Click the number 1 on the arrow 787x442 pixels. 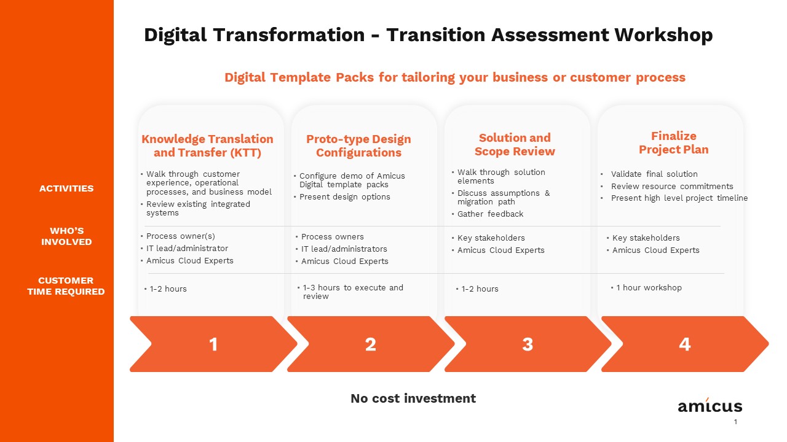213,344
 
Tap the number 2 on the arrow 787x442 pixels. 371,344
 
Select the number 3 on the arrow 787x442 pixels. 528,344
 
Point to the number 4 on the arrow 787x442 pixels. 685,344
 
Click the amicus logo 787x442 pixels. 710,405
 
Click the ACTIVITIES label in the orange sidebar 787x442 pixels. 66,188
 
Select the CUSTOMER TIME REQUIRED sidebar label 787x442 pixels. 66,286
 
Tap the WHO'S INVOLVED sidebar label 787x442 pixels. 66,236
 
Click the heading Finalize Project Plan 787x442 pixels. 673,142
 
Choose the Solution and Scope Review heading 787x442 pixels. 515,144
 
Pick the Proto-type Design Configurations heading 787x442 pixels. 358,145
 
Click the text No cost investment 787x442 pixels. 413,398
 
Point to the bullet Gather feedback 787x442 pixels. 490,214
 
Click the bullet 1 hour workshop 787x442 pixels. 649,288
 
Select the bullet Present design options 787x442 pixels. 344,197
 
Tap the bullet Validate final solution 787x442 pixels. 654,174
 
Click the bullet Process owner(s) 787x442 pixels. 180,236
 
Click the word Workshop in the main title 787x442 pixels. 663,35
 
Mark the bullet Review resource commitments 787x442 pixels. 671,186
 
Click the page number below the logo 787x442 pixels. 735,422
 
